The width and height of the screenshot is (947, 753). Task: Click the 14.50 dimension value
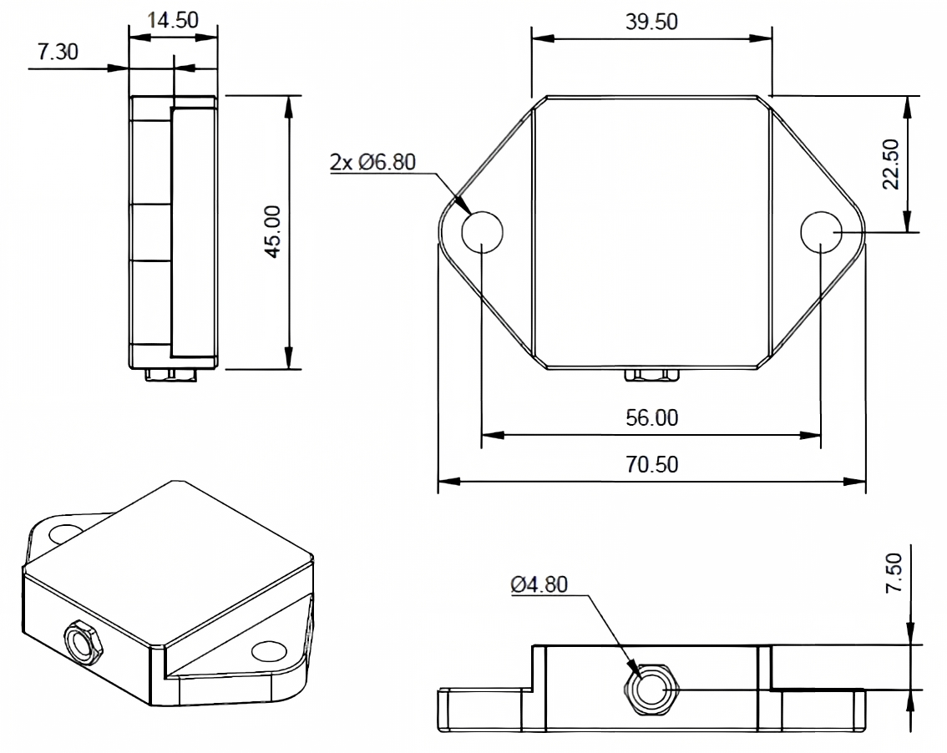click(x=173, y=20)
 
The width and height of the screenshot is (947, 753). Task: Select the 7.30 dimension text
click(x=58, y=52)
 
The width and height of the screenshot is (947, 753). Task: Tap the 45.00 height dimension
click(x=273, y=232)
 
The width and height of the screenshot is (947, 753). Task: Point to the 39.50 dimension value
click(x=651, y=22)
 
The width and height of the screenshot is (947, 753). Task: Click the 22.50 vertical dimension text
click(x=891, y=164)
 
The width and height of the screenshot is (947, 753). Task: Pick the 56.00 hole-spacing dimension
click(x=651, y=418)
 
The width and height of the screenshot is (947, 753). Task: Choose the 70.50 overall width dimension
click(x=651, y=464)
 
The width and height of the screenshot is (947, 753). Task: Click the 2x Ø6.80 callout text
click(x=372, y=162)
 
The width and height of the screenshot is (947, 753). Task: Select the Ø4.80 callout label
click(x=539, y=584)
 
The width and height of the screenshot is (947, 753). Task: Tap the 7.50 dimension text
click(x=894, y=573)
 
